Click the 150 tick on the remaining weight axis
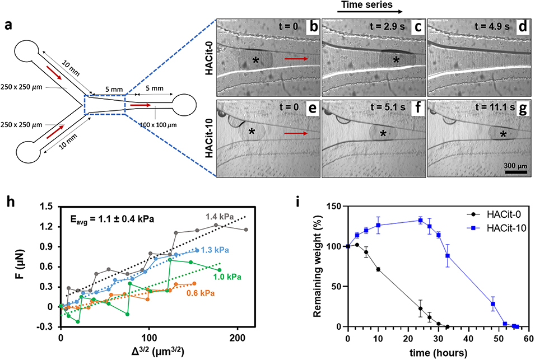[336, 207]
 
